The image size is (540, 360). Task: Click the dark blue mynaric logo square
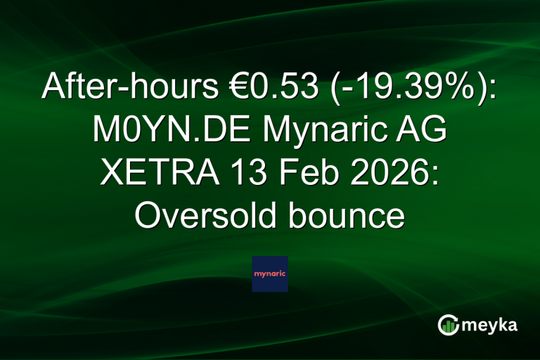click(270, 274)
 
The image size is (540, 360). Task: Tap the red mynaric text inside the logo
click(270, 274)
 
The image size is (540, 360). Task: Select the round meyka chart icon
click(448, 325)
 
